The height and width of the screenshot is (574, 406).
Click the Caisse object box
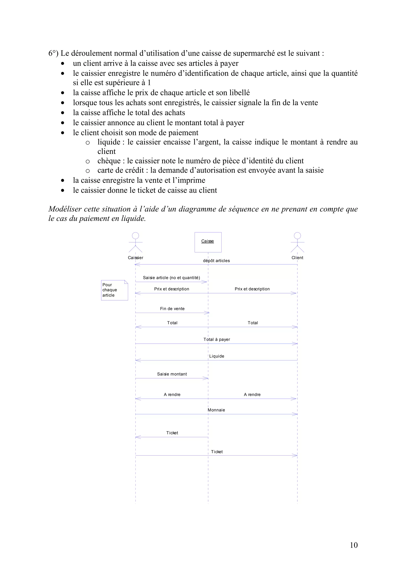pyautogui.click(x=208, y=242)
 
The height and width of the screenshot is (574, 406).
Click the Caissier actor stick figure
pyautogui.click(x=135, y=242)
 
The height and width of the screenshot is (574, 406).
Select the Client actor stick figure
pyautogui.click(x=297, y=242)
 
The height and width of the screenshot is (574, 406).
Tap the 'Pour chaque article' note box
pyautogui.click(x=114, y=290)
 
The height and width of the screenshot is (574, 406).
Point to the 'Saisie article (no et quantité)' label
pyautogui.click(x=171, y=277)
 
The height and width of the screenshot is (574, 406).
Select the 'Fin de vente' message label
pyautogui.click(x=172, y=309)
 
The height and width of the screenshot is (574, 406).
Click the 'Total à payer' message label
pyautogui.click(x=217, y=339)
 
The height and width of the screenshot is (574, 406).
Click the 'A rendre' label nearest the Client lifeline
pyautogui.click(x=252, y=395)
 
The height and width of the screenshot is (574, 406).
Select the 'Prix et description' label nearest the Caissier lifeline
pyautogui.click(x=172, y=289)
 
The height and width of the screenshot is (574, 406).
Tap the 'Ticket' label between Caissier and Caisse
pyautogui.click(x=172, y=433)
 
